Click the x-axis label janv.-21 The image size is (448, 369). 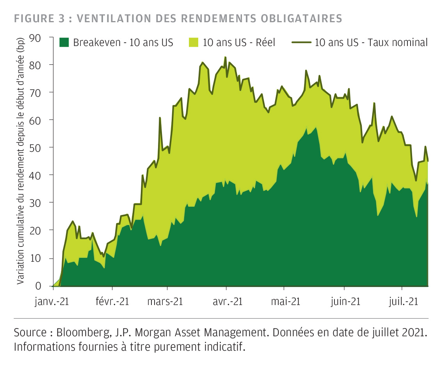(x=52, y=302)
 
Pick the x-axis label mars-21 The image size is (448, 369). (x=165, y=302)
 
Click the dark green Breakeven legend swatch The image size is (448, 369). (x=64, y=43)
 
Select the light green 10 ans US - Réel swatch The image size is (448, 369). (x=194, y=43)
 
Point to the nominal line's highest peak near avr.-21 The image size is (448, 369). (x=226, y=57)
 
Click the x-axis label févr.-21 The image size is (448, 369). (x=112, y=302)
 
